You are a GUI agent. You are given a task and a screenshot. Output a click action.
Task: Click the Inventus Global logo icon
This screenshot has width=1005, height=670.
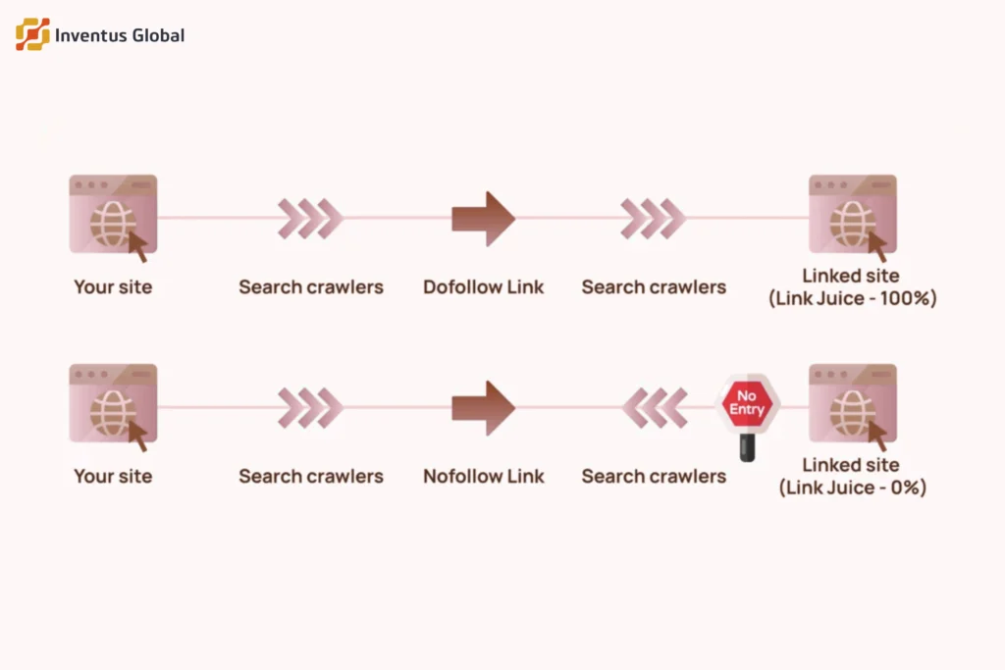coord(32,34)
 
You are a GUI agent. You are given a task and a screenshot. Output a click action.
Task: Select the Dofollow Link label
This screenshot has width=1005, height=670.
coord(483,287)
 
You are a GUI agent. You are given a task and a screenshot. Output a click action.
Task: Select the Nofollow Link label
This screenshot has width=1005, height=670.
coord(483,477)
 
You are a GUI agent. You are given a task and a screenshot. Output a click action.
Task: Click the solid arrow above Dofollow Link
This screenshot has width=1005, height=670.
coord(483,219)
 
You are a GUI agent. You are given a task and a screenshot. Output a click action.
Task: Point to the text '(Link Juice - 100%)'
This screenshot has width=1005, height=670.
coord(852,299)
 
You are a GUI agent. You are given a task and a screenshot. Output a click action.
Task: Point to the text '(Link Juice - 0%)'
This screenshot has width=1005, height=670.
coord(852,488)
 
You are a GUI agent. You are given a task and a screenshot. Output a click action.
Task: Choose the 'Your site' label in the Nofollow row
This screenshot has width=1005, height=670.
coord(113,477)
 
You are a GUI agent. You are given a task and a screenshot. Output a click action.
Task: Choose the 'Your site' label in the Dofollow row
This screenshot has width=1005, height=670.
coord(113,287)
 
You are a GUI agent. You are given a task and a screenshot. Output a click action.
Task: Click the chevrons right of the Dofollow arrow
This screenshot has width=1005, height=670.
coord(654,219)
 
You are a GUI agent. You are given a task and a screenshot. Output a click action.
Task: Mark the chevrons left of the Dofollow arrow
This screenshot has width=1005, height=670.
coord(310,219)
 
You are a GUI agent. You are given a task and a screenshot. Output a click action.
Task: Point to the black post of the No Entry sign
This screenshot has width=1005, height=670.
coord(747,448)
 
